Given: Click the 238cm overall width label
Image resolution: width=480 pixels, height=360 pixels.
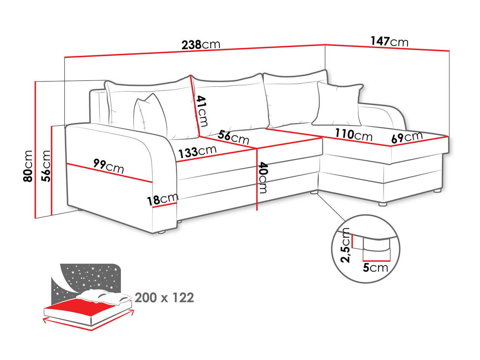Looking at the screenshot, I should [x=200, y=44].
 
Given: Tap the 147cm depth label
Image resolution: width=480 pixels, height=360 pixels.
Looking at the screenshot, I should [x=389, y=41].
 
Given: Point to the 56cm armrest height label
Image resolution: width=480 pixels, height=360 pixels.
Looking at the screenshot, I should [x=46, y=166].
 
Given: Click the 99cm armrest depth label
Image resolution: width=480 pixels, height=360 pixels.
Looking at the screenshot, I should [x=108, y=166].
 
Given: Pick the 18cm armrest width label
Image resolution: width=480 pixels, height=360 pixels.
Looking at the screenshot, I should [x=163, y=199].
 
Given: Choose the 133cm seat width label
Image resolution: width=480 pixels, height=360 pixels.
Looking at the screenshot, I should [x=197, y=151].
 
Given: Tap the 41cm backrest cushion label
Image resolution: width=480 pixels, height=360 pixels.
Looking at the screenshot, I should [x=202, y=111].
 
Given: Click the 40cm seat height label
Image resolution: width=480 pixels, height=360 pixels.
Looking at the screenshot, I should [x=263, y=177].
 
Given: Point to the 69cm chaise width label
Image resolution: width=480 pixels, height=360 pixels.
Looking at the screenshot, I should [x=407, y=138].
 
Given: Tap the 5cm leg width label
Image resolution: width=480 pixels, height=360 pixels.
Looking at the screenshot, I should [x=375, y=268].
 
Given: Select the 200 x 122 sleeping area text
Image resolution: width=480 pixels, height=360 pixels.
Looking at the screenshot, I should [x=164, y=298].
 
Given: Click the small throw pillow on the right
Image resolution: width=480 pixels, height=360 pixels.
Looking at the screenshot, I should [x=339, y=104].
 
